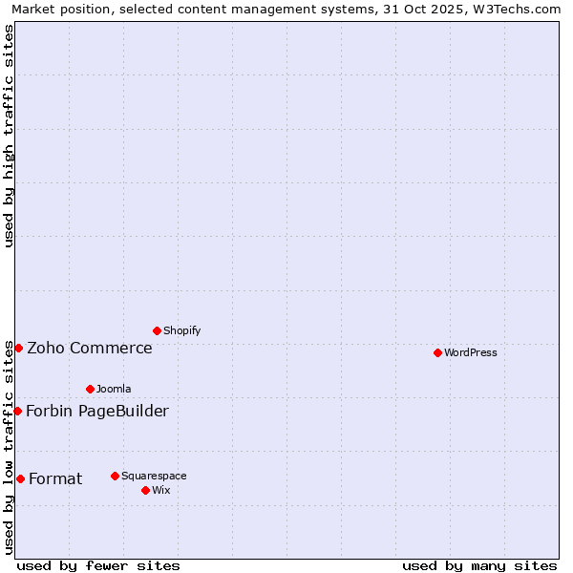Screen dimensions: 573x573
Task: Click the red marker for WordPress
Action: tap(437, 352)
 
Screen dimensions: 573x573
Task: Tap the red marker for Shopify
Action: tap(157, 330)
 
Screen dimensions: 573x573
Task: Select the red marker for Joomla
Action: tap(90, 389)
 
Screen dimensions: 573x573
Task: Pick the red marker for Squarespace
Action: tap(115, 476)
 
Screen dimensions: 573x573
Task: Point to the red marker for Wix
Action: tap(145, 490)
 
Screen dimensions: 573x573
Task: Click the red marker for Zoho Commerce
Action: tap(18, 348)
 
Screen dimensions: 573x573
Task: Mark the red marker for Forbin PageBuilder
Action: tap(17, 411)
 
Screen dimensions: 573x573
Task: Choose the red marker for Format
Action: tap(20, 478)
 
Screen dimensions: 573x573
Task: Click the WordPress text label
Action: tap(471, 352)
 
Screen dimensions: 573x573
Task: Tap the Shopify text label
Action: tap(181, 330)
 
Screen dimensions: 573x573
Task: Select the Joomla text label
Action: tap(114, 389)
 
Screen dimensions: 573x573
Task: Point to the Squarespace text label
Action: tap(154, 476)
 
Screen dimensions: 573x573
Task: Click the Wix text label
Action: tap(160, 490)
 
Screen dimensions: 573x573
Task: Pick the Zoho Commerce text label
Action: tap(90, 348)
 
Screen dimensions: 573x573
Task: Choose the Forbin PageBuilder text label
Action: tap(97, 411)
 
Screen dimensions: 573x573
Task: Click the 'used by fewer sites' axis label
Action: tap(98, 565)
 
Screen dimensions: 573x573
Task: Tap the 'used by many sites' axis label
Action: tap(479, 565)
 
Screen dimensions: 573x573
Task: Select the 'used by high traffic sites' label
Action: tap(9, 136)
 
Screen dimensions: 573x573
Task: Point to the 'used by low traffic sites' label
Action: tap(9, 447)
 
